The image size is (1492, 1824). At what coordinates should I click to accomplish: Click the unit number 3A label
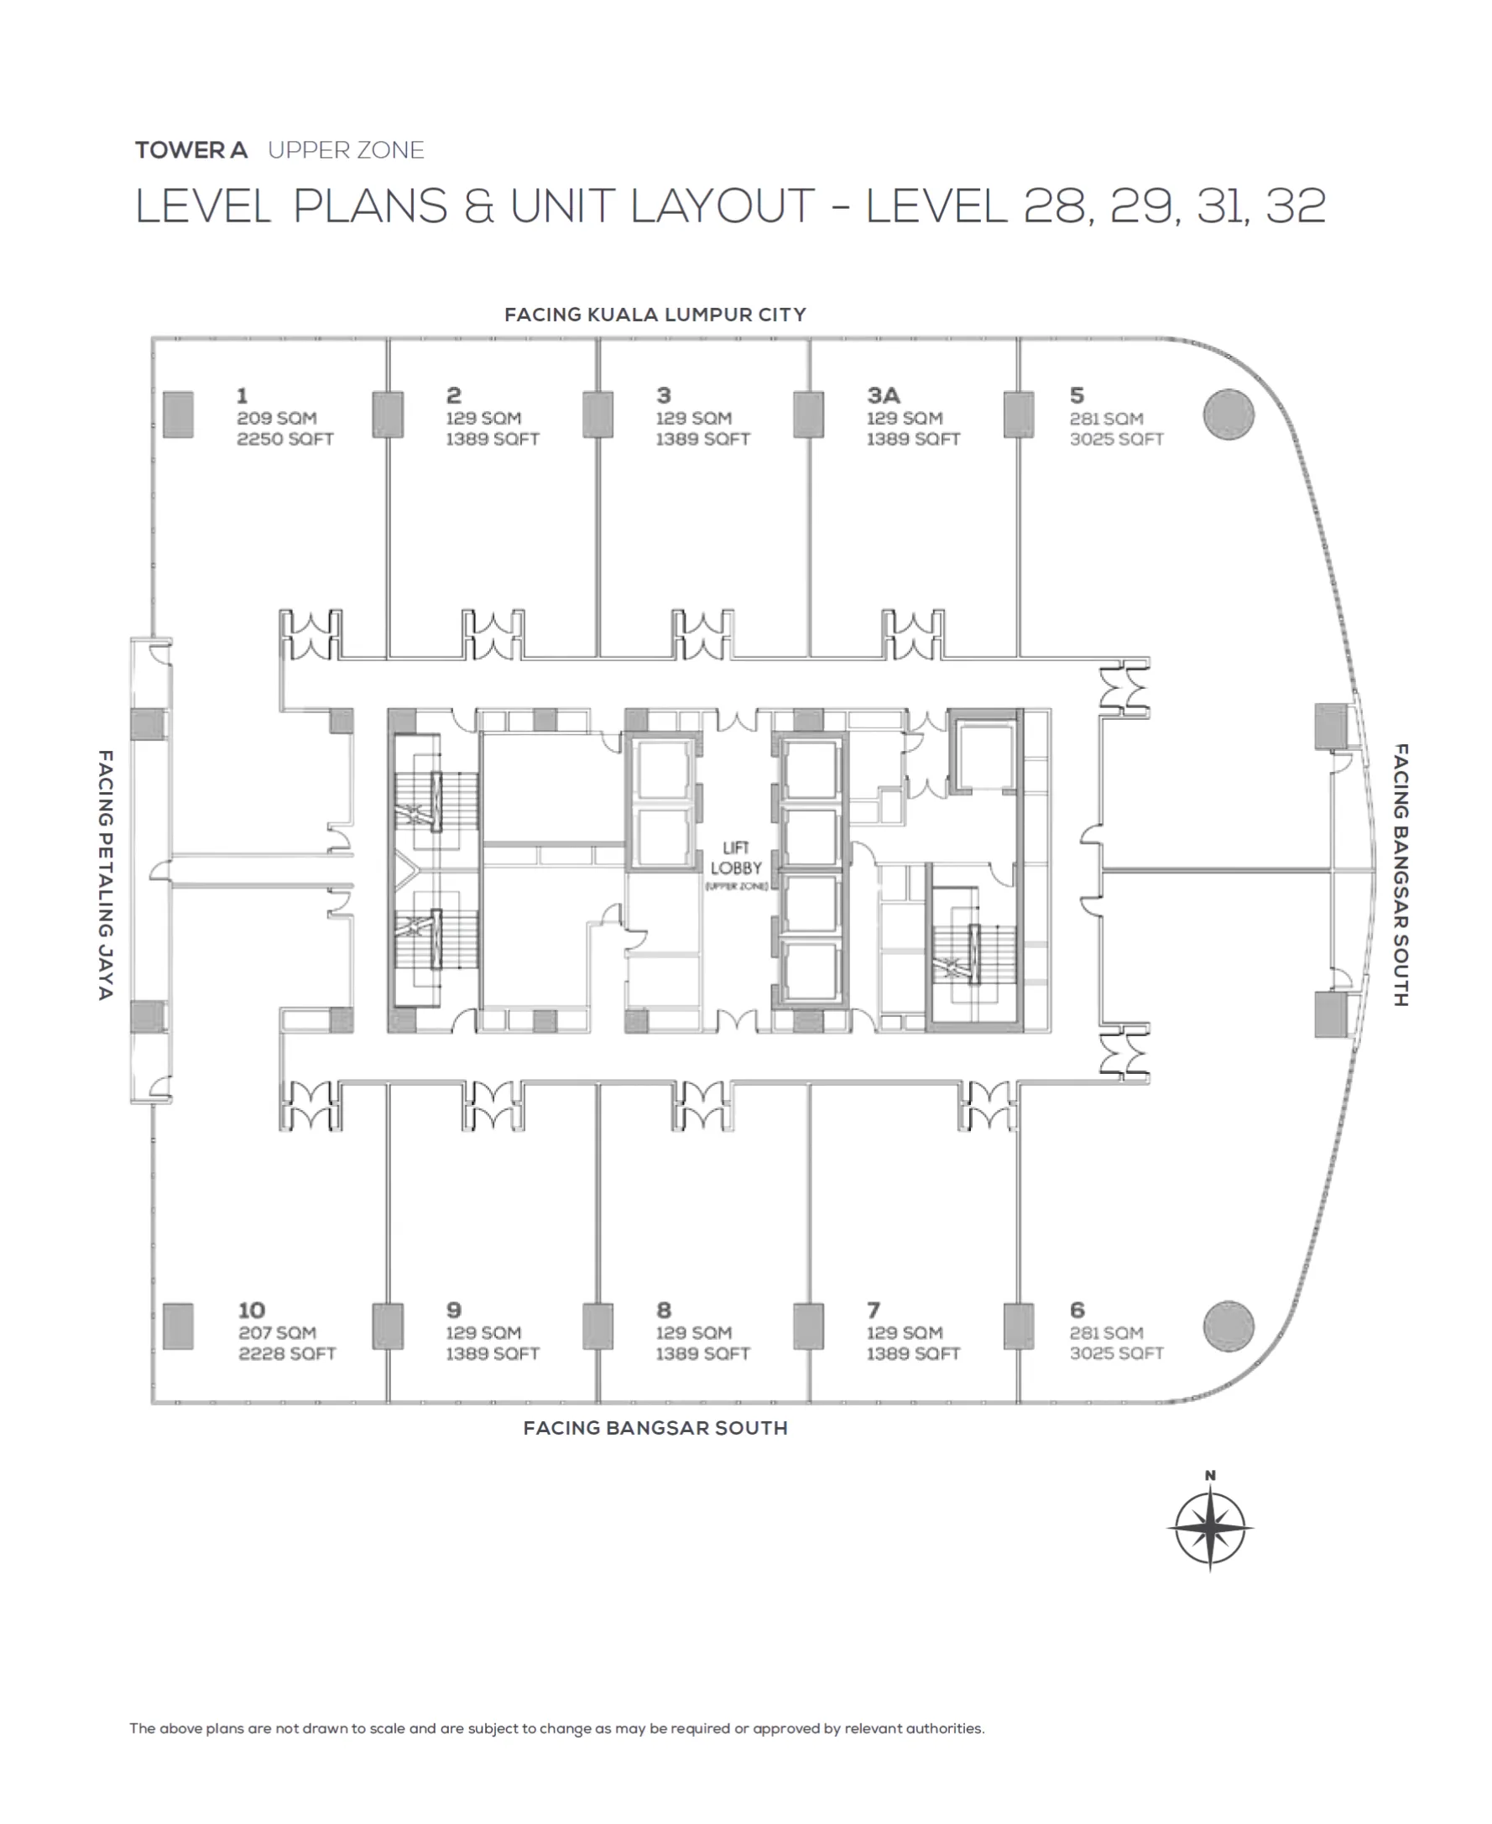click(x=883, y=395)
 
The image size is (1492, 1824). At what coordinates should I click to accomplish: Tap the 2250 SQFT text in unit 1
click(x=284, y=439)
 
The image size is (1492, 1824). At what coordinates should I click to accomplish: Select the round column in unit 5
click(x=1229, y=414)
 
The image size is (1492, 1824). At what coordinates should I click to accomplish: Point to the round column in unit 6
click(x=1229, y=1326)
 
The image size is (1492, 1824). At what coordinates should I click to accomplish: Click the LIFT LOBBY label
click(x=736, y=858)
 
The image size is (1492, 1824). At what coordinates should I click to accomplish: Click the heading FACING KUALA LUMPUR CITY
click(x=655, y=315)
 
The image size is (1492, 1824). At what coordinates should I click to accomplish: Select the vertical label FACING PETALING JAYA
click(x=105, y=874)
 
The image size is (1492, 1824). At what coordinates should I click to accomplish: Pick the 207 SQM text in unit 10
click(x=277, y=1332)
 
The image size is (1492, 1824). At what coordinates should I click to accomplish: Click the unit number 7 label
click(x=874, y=1310)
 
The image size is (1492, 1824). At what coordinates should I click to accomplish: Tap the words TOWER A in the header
click(x=190, y=150)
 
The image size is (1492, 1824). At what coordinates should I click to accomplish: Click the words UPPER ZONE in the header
click(x=346, y=150)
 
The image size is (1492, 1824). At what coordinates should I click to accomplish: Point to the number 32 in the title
click(x=1295, y=206)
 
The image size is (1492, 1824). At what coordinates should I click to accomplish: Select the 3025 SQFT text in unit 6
click(x=1115, y=1353)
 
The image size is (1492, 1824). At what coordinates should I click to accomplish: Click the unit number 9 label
click(x=454, y=1310)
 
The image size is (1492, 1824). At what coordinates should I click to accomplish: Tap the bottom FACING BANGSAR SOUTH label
click(x=655, y=1428)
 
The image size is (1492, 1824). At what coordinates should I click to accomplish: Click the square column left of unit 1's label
click(x=178, y=414)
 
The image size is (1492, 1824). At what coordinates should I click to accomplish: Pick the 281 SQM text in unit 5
click(x=1106, y=419)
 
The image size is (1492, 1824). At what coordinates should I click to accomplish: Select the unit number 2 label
click(x=454, y=395)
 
